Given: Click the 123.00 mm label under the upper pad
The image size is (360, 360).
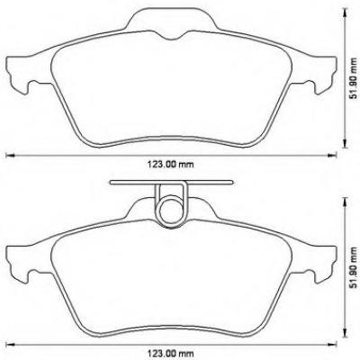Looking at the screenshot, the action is coord(170,165).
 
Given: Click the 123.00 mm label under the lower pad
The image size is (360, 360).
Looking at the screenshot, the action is coord(170,353).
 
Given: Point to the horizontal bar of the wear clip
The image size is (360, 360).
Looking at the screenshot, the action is coord(171,182).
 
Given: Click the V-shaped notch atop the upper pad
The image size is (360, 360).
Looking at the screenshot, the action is coord(170,36).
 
